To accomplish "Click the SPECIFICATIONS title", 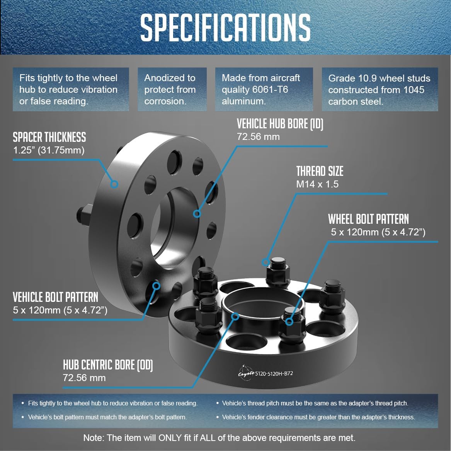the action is point(226,27).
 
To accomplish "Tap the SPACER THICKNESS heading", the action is point(49,137).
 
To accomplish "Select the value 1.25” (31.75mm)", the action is point(49,150).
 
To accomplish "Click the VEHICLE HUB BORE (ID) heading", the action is point(280,124).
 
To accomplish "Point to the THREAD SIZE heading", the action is point(320,171).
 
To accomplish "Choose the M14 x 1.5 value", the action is point(318,184).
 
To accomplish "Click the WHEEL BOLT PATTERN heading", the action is point(368,219).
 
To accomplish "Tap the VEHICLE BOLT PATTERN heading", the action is point(56,298).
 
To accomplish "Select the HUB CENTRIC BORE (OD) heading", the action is point(108,365).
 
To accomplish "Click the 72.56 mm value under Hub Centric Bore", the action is point(84,378).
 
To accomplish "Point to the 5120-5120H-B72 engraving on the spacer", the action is point(274,374).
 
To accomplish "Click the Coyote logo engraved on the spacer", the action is point(246,373).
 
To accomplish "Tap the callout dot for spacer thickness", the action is point(114,184).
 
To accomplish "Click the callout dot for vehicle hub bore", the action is point(197,214).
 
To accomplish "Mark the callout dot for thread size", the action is point(265,262).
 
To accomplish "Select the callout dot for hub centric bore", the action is point(235,317).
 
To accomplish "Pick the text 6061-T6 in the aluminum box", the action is point(270,89).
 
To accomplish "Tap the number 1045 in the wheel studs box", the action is point(414,90).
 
